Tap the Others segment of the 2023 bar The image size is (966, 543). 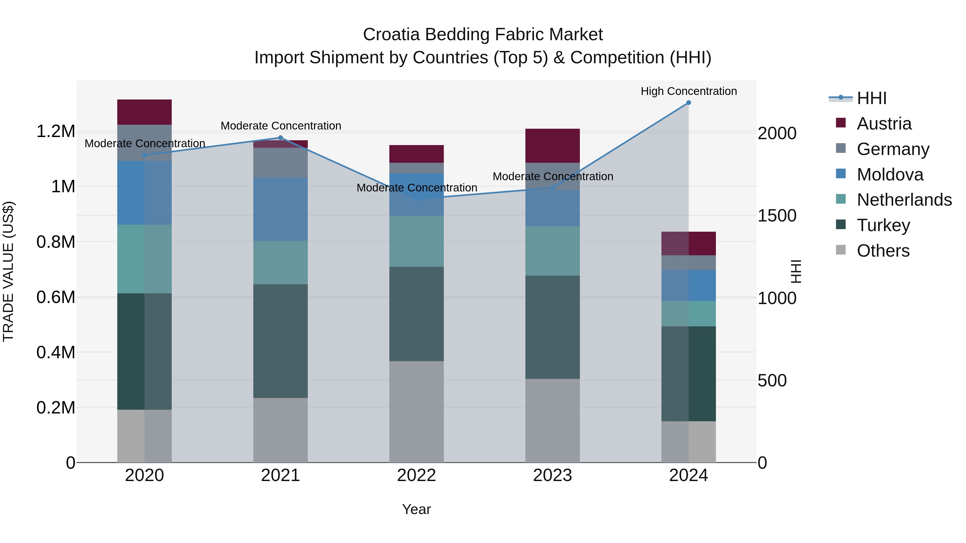[x=552, y=420]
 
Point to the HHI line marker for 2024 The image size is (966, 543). [x=689, y=103]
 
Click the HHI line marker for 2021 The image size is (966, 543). [x=280, y=138]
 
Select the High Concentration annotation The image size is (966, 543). [x=689, y=91]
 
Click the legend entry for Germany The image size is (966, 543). [x=892, y=149]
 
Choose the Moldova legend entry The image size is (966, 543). [x=890, y=175]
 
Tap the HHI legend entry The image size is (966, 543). [x=871, y=98]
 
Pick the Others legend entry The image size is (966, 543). [x=883, y=251]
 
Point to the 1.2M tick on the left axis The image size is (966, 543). [x=56, y=132]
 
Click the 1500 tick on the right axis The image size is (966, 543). [x=777, y=216]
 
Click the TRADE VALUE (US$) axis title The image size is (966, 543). [x=8, y=271]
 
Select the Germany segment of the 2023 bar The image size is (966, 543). [x=552, y=176]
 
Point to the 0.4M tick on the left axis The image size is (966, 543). [x=56, y=353]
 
